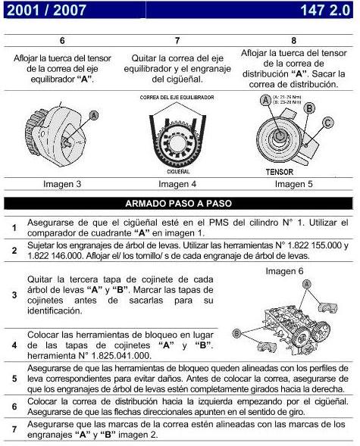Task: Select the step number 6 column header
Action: tap(62, 42)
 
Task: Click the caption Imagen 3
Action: tap(62, 183)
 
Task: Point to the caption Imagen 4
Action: tap(177, 183)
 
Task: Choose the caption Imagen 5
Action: tap(293, 183)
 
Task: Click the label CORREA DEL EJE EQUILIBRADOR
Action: tap(176, 98)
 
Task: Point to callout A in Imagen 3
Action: tap(94, 114)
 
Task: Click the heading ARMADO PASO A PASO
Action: tap(179, 204)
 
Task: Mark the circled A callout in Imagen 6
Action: tap(305, 282)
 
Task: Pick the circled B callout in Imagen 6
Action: tap(236, 332)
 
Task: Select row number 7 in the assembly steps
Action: tap(14, 431)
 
